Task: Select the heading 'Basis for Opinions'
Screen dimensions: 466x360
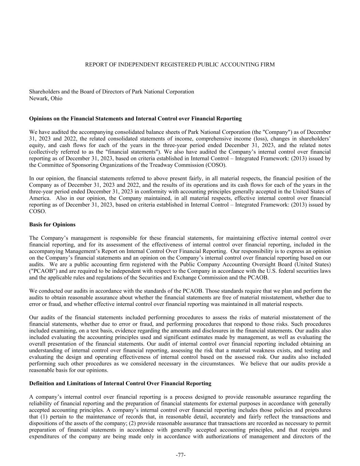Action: point(52,225)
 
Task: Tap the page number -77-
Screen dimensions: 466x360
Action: point(181,455)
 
